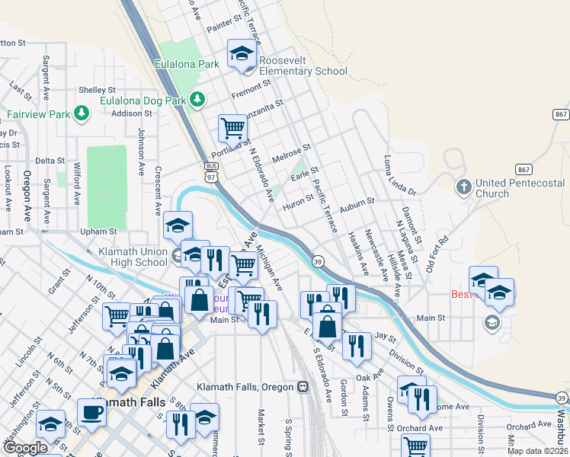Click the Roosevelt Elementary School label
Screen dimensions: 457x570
[303, 66]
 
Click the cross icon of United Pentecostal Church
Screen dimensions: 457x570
[463, 186]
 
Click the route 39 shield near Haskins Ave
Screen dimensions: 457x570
[317, 260]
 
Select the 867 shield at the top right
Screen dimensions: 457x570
[560, 114]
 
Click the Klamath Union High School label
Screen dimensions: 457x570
[133, 257]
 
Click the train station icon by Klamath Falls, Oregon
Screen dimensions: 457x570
[303, 387]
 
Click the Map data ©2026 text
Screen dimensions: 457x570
[538, 451]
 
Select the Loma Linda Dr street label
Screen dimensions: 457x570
[399, 176]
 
